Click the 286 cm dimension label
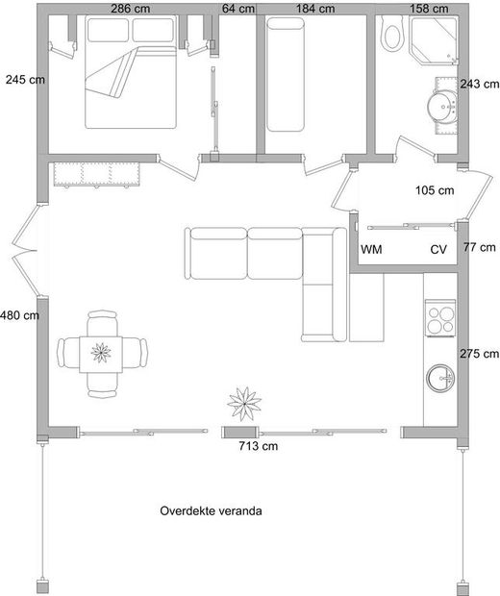click(x=131, y=9)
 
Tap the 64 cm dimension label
click(x=238, y=9)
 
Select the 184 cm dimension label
click(x=315, y=9)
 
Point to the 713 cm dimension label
click(x=259, y=445)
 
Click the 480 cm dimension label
click(x=19, y=315)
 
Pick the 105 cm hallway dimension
click(x=435, y=190)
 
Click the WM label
click(x=371, y=250)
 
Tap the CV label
click(x=438, y=250)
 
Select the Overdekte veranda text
click(x=211, y=510)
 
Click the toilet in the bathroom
click(x=393, y=36)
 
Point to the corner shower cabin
click(x=434, y=40)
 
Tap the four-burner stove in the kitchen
click(x=440, y=318)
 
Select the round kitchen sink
click(x=440, y=378)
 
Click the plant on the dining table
click(x=101, y=353)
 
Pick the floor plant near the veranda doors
click(x=244, y=404)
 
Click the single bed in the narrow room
click(x=286, y=75)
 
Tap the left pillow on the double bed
click(x=108, y=29)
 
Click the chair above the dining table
click(x=102, y=323)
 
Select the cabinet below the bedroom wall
click(x=96, y=174)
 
